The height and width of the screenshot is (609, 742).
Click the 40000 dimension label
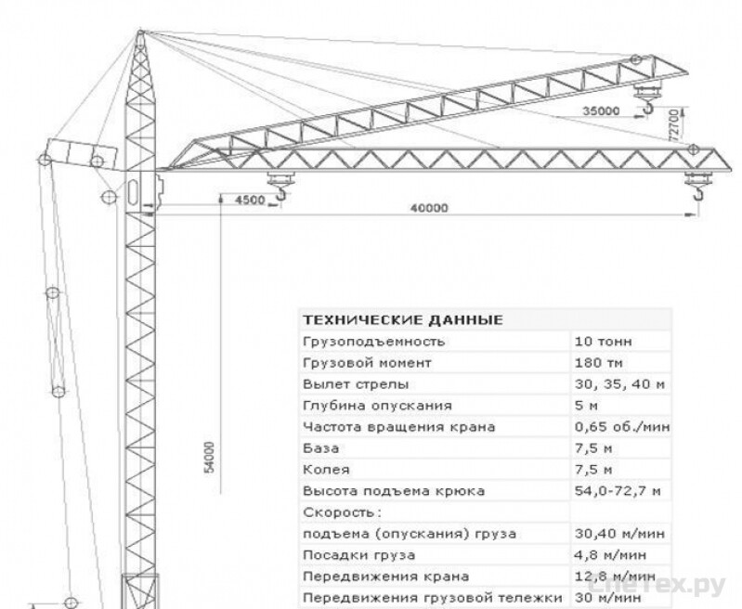pyautogui.click(x=429, y=208)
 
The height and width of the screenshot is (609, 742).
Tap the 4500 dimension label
pyautogui.click(x=250, y=200)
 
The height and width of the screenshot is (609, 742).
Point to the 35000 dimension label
pyautogui.click(x=601, y=110)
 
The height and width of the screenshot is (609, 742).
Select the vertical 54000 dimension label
pyautogui.click(x=209, y=457)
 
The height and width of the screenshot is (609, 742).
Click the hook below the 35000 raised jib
pyautogui.click(x=647, y=109)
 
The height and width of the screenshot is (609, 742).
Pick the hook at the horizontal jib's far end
pyautogui.click(x=699, y=193)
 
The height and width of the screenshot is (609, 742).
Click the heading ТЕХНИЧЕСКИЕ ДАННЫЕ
pyautogui.click(x=403, y=320)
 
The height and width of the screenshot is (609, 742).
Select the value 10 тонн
pyautogui.click(x=603, y=342)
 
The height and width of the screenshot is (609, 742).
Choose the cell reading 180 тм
pyautogui.click(x=599, y=363)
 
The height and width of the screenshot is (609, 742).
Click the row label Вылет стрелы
pyautogui.click(x=356, y=384)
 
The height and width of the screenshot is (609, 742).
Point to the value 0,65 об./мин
pyautogui.click(x=622, y=427)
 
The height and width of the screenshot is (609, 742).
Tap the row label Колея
pyautogui.click(x=326, y=470)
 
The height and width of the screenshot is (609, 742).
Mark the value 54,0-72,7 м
pyautogui.click(x=618, y=491)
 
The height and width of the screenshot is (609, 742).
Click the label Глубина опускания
pyautogui.click(x=377, y=406)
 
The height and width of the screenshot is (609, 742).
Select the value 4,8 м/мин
pyautogui.click(x=610, y=554)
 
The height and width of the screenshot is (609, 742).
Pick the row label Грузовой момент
pyautogui.click(x=367, y=363)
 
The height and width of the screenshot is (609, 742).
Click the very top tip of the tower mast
pyautogui.click(x=140, y=31)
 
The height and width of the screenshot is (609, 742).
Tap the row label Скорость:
pyautogui.click(x=342, y=512)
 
